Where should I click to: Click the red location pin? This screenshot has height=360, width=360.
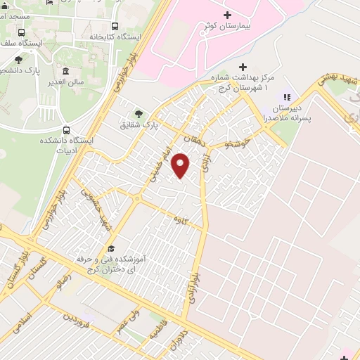tap(181, 166)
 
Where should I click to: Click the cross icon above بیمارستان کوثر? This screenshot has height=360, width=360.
tap(226, 15)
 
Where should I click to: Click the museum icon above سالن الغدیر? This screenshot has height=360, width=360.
tap(66, 71)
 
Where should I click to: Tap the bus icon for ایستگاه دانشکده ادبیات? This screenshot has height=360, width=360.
tap(67, 130)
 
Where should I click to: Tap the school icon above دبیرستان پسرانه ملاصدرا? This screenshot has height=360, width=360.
tap(286, 96)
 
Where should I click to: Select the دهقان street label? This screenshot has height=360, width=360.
tap(190, 139)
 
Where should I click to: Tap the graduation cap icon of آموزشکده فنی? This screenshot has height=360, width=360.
tap(111, 249)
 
